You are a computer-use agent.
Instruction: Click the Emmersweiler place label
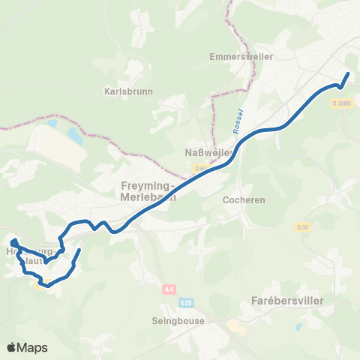pyautogui.click(x=241, y=56)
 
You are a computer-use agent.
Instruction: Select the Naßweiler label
pyautogui.click(x=207, y=153)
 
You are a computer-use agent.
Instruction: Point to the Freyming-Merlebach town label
pyautogui.click(x=148, y=191)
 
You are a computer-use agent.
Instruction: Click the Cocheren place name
pyautogui.click(x=239, y=200)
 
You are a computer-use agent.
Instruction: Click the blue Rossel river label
pyautogui.click(x=238, y=122)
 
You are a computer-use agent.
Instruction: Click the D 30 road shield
pyautogui.click(x=302, y=227)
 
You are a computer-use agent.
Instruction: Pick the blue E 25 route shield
pyautogui.click(x=187, y=301)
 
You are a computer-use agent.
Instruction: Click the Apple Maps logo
pyautogui.click(x=27, y=347)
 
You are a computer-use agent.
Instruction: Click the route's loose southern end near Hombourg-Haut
pyautogui.click(x=79, y=250)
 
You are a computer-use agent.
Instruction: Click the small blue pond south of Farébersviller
pyautogui.click(x=300, y=327)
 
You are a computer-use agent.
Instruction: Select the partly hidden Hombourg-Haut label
pyautogui.click(x=26, y=255)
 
